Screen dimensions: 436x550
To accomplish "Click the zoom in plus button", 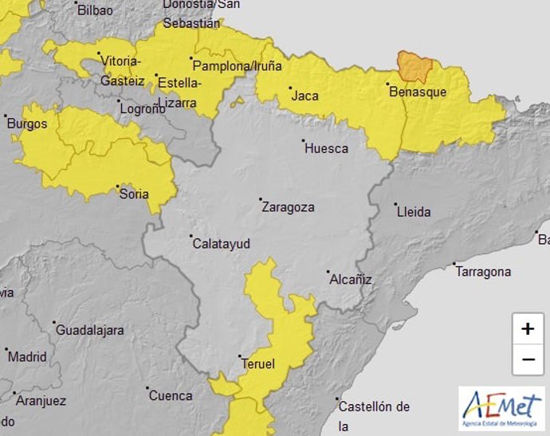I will coord(528,328).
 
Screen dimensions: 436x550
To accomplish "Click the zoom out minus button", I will coord(528,359).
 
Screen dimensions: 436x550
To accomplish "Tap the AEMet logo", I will coord(501,408).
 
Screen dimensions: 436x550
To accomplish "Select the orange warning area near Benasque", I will coord(414,67).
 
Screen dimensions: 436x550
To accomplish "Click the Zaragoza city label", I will coord(288,207).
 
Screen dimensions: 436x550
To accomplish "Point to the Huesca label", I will coord(326,148).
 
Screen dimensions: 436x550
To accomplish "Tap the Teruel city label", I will coord(257,364).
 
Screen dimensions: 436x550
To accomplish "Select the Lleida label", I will coord(413,211).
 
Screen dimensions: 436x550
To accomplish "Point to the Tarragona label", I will coord(483,272).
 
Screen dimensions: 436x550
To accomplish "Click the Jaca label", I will coord(305,96).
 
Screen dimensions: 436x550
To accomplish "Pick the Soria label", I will coord(133,193).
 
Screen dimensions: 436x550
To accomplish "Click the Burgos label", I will coord(26,124).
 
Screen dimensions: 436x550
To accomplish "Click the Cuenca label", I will coord(171,395).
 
